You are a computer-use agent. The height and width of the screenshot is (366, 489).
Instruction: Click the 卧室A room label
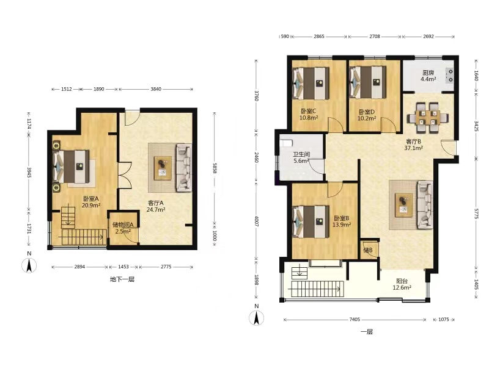(x=90, y=199)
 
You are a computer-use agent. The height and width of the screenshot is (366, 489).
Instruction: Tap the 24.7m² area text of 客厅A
(x=156, y=209)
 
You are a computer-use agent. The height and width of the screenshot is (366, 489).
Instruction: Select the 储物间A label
(x=123, y=224)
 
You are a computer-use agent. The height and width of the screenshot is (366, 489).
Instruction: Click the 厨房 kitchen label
(x=428, y=73)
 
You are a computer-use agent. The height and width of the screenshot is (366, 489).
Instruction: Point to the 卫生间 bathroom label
(x=301, y=154)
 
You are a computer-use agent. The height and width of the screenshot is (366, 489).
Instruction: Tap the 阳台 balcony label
(x=402, y=281)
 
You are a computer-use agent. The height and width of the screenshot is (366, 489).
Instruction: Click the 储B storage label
(x=368, y=250)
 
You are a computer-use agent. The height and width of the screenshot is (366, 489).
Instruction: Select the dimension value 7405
(x=355, y=319)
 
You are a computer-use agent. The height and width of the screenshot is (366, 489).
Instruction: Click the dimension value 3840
(x=156, y=89)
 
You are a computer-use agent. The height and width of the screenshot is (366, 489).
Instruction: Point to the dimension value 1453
(x=123, y=267)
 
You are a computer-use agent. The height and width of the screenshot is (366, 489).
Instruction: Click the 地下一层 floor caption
(x=122, y=279)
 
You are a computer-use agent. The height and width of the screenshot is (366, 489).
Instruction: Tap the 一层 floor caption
(x=367, y=332)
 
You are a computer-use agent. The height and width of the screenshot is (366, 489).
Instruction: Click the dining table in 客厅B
(x=427, y=118)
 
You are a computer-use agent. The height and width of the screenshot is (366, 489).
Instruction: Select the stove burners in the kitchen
(x=450, y=76)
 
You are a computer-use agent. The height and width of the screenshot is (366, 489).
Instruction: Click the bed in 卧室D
(x=369, y=82)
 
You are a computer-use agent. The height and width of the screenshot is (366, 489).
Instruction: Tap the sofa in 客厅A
(x=184, y=167)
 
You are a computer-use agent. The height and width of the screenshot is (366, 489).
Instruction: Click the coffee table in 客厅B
(x=403, y=205)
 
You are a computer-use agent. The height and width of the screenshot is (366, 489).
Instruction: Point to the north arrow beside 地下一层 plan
(x=29, y=265)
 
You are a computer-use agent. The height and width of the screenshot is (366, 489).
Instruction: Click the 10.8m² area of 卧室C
(x=309, y=118)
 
